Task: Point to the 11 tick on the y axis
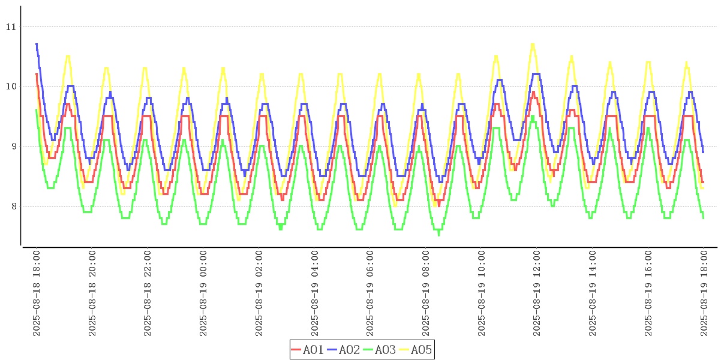(x=11, y=26)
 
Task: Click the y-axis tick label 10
(x=11, y=86)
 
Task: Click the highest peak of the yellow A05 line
(x=533, y=44)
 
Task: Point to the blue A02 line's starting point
(x=37, y=44)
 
